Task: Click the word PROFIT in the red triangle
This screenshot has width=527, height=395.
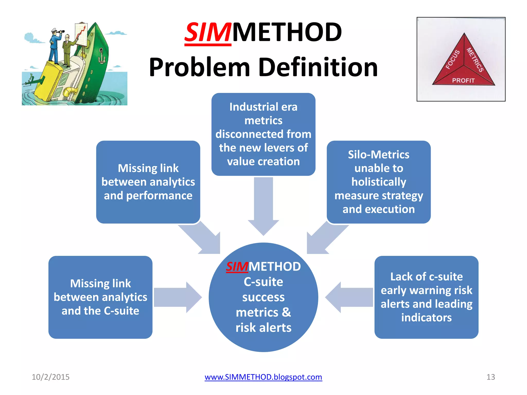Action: (463, 80)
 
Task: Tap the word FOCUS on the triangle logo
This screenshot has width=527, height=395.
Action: (452, 60)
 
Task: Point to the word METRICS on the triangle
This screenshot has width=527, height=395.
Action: (475, 60)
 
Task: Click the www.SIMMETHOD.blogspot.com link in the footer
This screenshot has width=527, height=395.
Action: (263, 377)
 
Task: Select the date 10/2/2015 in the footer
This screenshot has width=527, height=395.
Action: (50, 377)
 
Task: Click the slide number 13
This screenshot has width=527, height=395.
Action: (490, 377)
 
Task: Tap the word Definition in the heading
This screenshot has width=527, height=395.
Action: (318, 67)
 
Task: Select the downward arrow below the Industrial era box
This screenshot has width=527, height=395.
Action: (263, 206)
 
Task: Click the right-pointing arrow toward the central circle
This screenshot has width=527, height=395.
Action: (178, 297)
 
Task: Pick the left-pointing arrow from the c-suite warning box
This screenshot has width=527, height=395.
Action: (349, 297)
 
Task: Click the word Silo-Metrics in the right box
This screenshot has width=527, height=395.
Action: (379, 155)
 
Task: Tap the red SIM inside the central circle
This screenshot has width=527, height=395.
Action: (237, 267)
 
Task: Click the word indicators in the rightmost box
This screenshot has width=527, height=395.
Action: (426, 318)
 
